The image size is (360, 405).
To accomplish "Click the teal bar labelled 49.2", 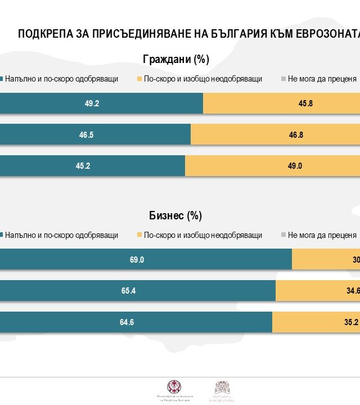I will point(101,103).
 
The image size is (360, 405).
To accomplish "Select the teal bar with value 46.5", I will point(95,135).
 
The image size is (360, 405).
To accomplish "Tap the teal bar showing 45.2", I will point(92,166).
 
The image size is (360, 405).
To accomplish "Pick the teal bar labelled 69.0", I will point(146,260).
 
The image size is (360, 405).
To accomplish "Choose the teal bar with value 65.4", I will point(138,291).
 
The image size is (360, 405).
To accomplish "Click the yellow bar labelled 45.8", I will point(281,103).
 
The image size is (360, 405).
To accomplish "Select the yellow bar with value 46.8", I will point(276,135).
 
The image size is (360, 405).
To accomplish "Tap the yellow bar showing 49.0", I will point(273,166).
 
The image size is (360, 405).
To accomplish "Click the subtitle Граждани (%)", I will point(176,59).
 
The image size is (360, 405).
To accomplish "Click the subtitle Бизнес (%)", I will point(175,215).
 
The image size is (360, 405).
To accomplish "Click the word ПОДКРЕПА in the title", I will point(46,33).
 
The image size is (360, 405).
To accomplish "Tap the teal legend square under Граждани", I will point(2,79).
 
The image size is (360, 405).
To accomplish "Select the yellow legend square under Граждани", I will point(139,79).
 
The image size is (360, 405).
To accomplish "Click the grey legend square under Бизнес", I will point(283,235).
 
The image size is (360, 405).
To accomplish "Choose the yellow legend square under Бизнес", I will point(139,235).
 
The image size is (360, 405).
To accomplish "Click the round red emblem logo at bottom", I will point(174,387).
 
